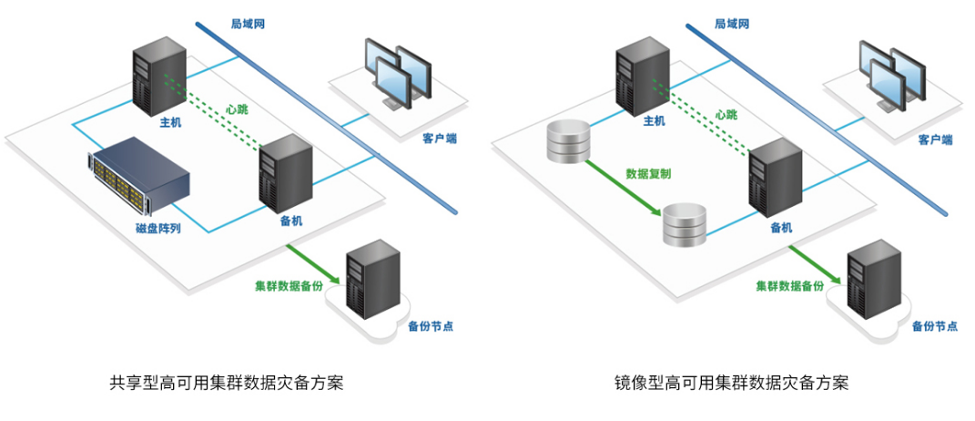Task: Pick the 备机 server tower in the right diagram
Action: tap(775, 178)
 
